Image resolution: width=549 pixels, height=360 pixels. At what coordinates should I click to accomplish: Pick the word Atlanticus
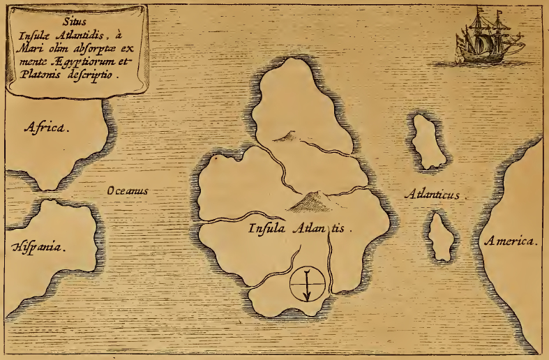coord(433,195)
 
